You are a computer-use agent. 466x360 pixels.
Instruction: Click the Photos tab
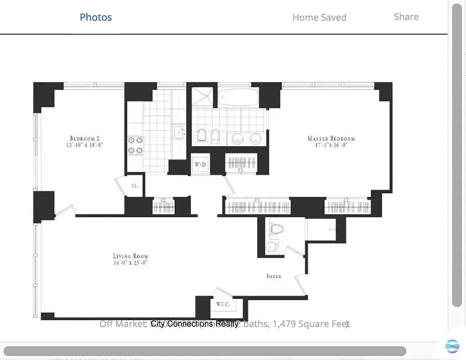click(x=95, y=17)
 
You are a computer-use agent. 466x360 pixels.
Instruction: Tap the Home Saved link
click(x=319, y=18)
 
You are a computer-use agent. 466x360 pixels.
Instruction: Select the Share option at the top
click(x=406, y=17)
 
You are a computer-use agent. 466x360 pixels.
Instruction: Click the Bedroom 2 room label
click(x=86, y=138)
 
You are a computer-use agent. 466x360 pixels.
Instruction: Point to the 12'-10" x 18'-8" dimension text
click(x=86, y=145)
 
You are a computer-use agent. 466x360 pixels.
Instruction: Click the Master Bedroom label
click(x=331, y=138)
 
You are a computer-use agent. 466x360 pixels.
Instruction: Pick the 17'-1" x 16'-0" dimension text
click(x=331, y=145)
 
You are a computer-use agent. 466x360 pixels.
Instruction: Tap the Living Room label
click(x=131, y=256)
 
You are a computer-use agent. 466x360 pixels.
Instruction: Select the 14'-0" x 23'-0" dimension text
click(x=131, y=263)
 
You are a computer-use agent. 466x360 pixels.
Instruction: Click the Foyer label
click(x=274, y=276)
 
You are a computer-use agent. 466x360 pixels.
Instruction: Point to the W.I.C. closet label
click(x=222, y=304)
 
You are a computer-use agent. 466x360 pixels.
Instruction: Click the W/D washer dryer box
click(x=200, y=165)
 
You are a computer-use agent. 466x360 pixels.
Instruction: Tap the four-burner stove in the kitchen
click(x=136, y=145)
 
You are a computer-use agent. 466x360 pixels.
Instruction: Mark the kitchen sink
click(x=179, y=132)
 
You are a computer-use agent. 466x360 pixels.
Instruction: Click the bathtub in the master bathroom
click(x=238, y=96)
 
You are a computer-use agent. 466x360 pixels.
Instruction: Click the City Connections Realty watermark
click(x=195, y=324)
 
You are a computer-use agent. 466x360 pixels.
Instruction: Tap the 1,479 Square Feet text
click(x=310, y=324)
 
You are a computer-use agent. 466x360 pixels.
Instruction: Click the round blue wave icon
click(x=452, y=346)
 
